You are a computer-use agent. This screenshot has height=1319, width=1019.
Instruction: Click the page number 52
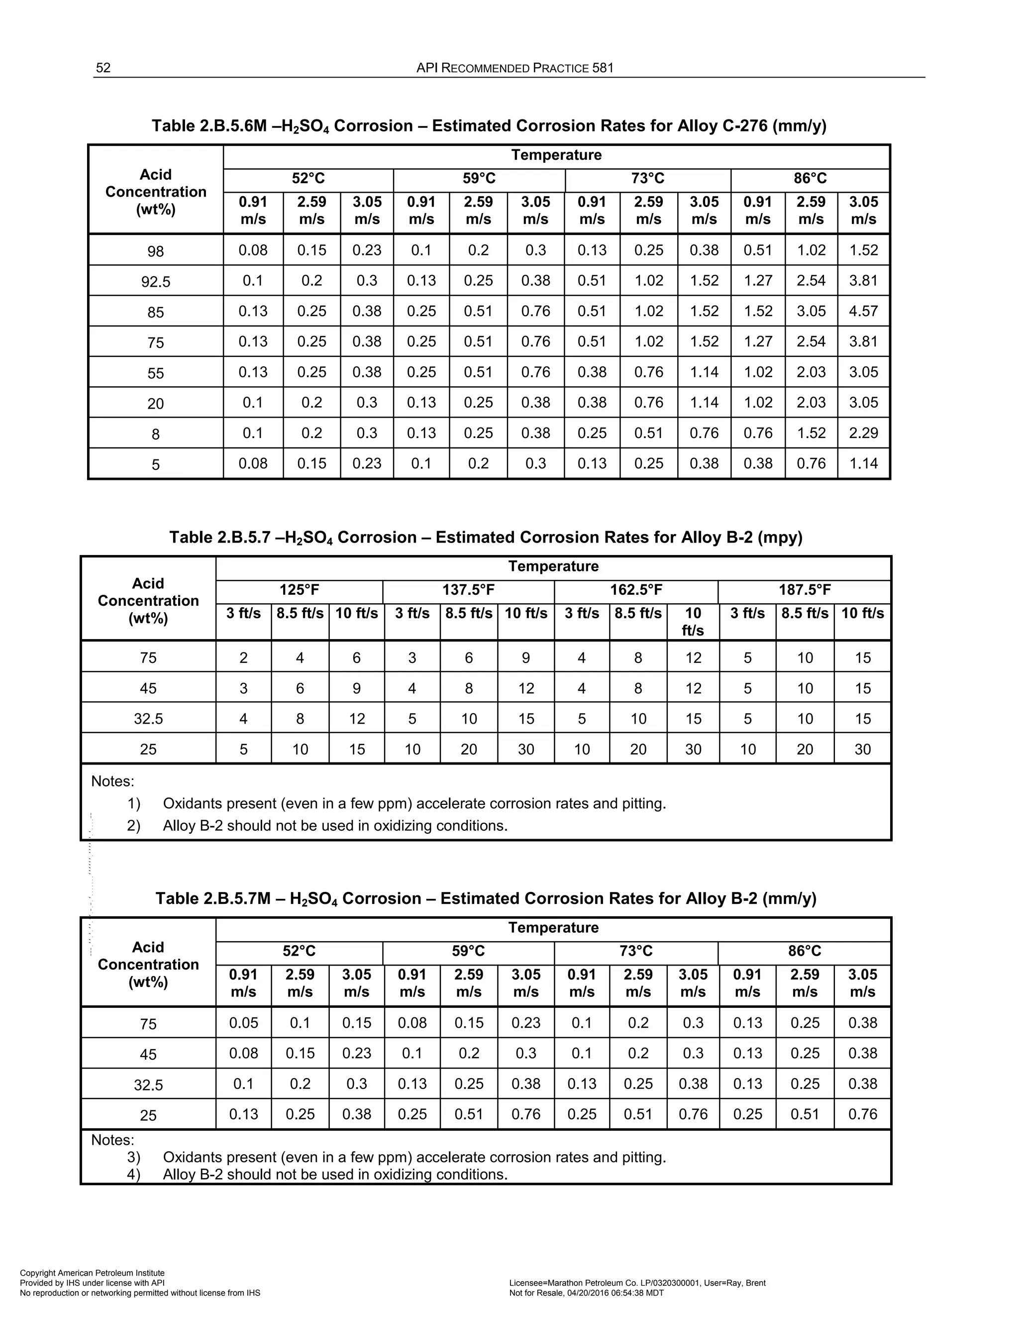coord(103,68)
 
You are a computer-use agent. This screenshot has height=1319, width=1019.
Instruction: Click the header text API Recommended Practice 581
coord(514,68)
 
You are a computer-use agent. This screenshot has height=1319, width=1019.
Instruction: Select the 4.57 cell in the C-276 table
coord(863,311)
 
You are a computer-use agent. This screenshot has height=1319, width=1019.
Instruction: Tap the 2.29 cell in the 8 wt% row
coord(863,433)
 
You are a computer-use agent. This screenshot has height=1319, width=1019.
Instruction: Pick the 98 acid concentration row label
coord(155,251)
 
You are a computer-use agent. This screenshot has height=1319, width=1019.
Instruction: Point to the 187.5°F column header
coord(804,589)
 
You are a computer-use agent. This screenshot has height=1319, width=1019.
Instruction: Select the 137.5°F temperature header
coord(468,589)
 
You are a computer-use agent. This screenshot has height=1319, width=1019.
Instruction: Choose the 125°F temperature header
coord(299,589)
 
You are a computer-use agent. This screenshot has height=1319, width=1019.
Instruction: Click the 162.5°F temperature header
coord(636,589)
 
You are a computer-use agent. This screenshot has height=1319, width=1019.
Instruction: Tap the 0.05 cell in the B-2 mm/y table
coord(243,1022)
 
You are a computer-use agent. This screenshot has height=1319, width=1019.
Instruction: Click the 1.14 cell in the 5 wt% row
coord(863,463)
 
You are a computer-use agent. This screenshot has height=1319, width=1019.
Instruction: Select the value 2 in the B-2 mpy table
coord(243,658)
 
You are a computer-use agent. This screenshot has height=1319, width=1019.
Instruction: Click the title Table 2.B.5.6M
coord(489,126)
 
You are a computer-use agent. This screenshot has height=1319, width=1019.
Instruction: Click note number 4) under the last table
coord(133,1175)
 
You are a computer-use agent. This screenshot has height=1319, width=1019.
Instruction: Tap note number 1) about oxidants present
coord(133,804)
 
